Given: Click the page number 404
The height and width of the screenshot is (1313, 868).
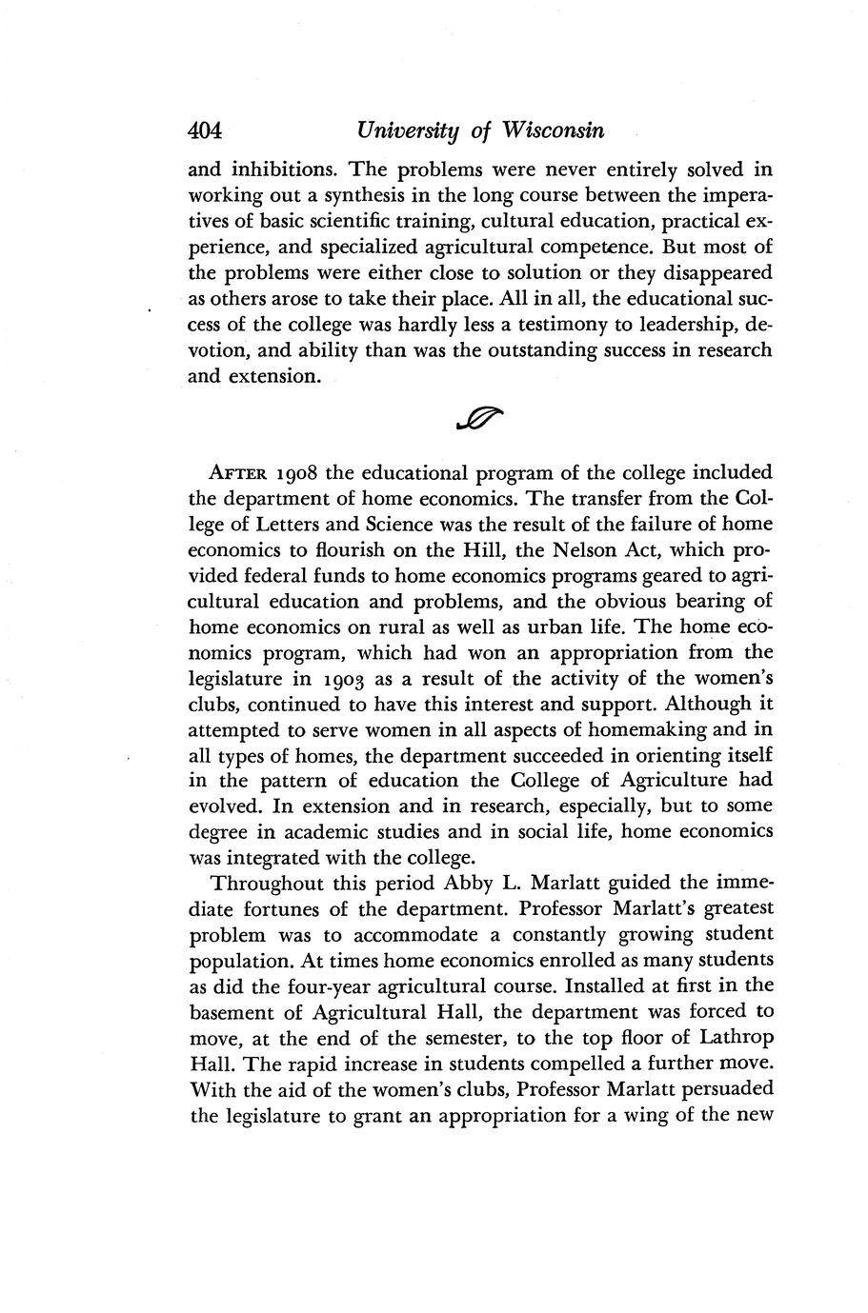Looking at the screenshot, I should (206, 130).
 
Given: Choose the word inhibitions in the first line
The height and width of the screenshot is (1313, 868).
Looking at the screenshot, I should (282, 170).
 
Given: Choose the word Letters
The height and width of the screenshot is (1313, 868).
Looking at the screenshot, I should (293, 525).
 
